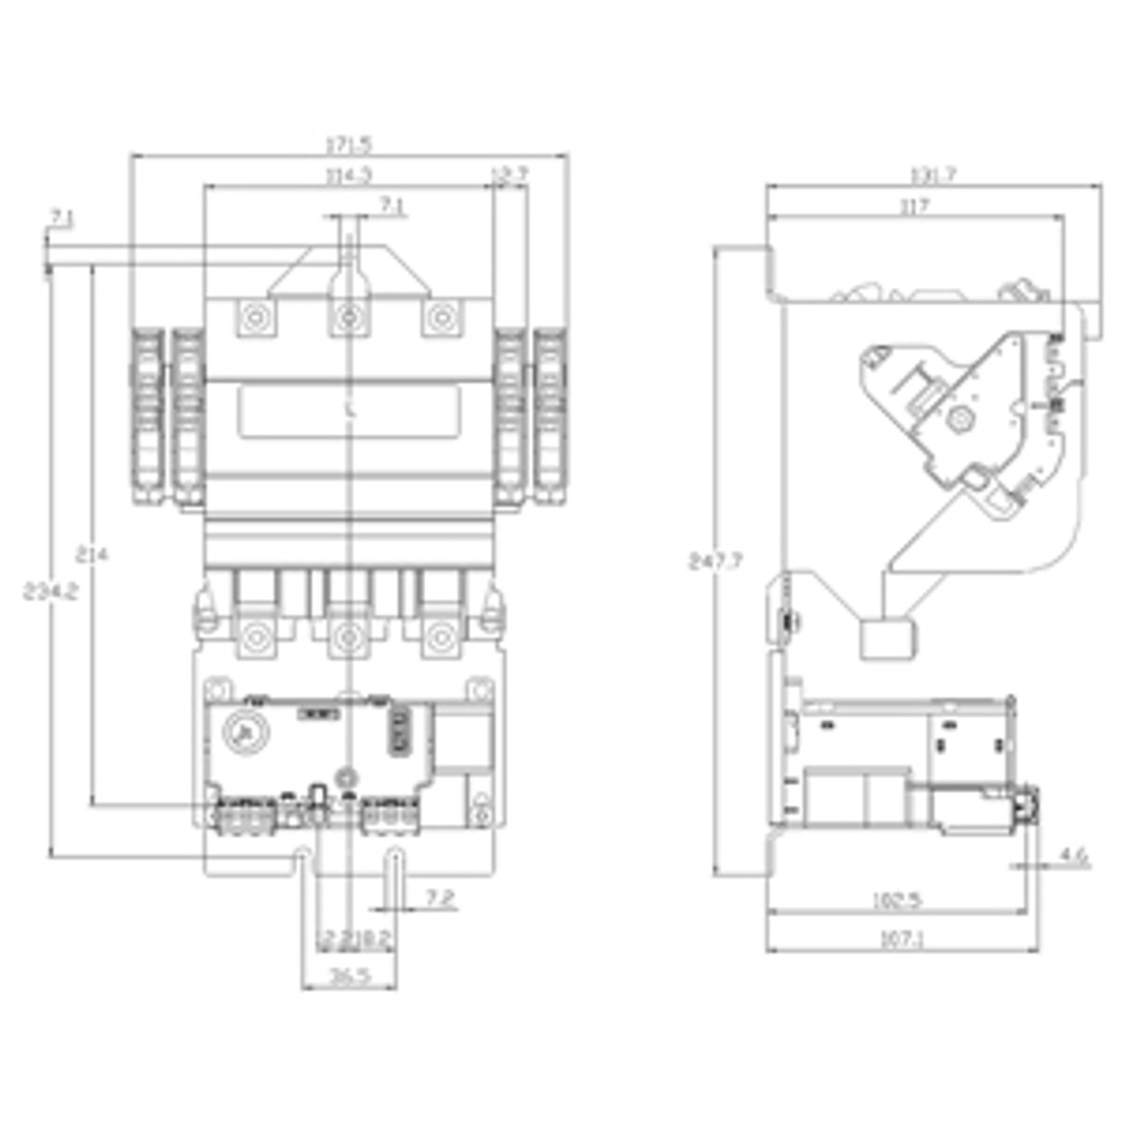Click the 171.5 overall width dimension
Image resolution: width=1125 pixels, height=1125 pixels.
[x=349, y=144]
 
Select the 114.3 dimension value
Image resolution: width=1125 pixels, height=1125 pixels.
[x=349, y=175]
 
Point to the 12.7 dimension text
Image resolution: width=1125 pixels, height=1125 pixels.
[x=510, y=174]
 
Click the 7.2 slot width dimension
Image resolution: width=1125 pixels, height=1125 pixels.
[x=440, y=898]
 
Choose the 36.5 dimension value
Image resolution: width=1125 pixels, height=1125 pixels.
[x=349, y=976]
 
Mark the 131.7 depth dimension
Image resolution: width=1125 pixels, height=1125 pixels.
[x=933, y=175]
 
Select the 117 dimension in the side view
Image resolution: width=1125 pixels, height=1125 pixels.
[x=914, y=206]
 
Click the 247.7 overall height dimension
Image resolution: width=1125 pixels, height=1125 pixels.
[x=715, y=561]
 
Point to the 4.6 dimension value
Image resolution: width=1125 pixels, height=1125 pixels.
[x=1073, y=854]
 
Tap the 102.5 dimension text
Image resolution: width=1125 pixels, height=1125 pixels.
[x=896, y=901]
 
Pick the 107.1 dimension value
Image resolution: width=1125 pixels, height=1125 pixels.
[x=903, y=940]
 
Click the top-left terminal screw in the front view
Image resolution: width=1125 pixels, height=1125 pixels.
[x=255, y=316]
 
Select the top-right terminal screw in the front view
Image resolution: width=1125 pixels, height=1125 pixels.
[x=441, y=316]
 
